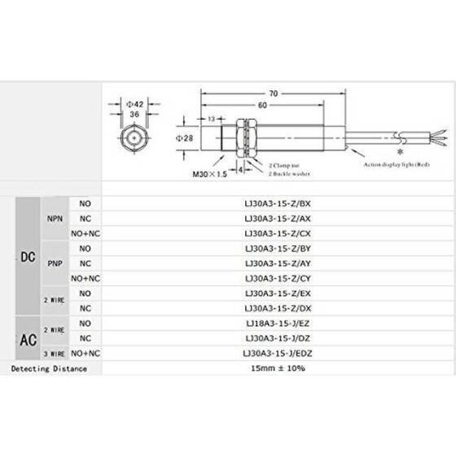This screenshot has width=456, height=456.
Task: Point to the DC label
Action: [26, 256]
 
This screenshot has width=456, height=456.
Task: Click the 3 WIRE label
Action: [53, 353]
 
